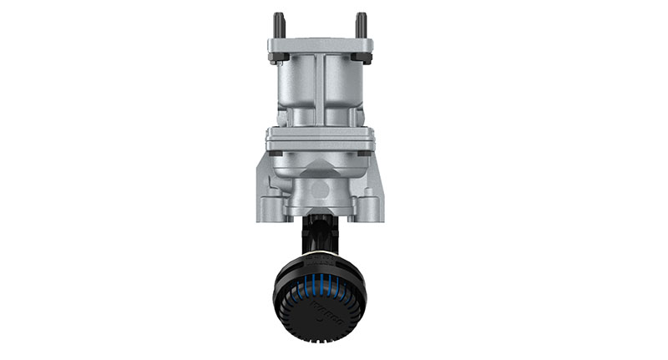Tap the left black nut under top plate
tap(277, 58)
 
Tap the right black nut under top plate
tap(362, 58)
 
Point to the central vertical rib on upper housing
tap(319, 88)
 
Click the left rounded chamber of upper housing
tap(295, 92)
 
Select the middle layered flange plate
tap(319, 139)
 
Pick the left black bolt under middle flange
tap(276, 155)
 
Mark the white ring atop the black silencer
tap(318, 252)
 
